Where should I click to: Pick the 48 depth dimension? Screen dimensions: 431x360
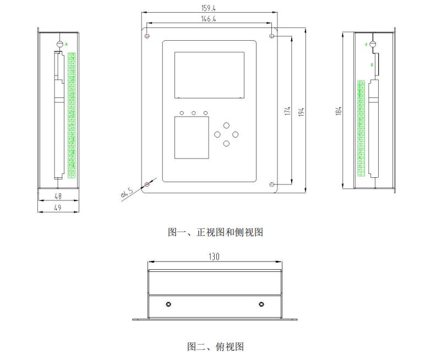(57, 195)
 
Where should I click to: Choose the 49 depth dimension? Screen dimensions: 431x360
(57, 208)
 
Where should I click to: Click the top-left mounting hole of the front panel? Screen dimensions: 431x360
(147, 36)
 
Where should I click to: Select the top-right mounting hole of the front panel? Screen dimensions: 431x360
(272, 36)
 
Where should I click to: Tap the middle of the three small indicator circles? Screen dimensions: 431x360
(194, 113)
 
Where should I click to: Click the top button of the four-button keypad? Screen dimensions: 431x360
(226, 125)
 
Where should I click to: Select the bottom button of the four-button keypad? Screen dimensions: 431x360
(226, 144)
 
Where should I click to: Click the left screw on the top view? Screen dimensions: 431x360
(168, 304)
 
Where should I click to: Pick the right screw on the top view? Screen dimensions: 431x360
(261, 304)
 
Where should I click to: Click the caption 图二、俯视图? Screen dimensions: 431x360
(215, 346)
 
